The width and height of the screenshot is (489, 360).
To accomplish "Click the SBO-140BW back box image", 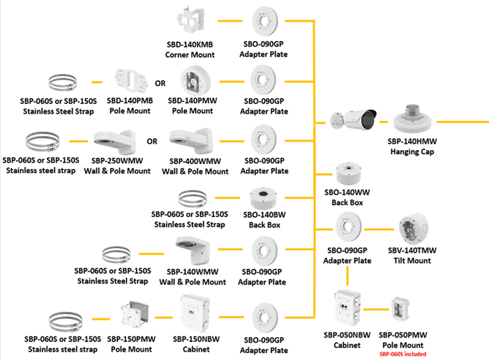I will tap(264, 202).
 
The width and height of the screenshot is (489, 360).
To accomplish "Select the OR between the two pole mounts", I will tap(160, 83).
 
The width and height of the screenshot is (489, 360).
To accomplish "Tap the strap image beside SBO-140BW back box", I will tap(197, 200).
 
